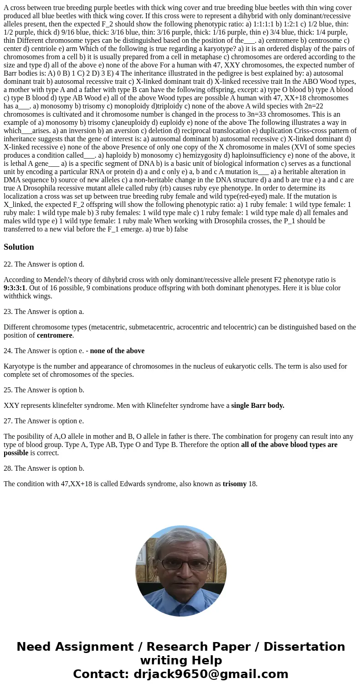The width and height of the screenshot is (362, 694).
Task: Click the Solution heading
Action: click(19, 247)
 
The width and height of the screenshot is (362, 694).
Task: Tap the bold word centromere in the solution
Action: click(54, 335)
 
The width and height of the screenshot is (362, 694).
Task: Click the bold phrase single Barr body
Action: click(258, 406)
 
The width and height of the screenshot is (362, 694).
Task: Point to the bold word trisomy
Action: click(234, 484)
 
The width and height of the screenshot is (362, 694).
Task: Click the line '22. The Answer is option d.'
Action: click(44, 264)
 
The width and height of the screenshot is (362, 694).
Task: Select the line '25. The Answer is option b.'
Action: click(44, 390)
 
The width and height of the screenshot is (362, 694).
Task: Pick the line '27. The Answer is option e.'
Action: click(44, 421)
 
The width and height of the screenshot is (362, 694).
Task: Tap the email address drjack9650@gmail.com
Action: click(211, 674)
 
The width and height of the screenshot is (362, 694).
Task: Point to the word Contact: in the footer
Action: click(101, 674)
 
